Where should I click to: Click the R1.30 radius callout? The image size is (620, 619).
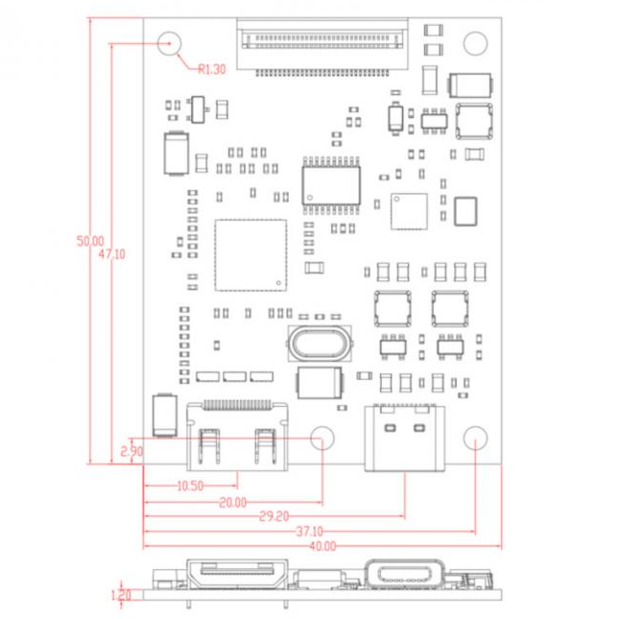point(211,69)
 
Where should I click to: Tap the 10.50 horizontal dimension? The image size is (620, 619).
point(190,486)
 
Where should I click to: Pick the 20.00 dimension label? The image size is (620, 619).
point(232,502)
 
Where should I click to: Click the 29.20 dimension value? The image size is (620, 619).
point(274,516)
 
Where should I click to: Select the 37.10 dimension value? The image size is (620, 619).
point(309,531)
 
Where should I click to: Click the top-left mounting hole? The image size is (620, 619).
point(171,43)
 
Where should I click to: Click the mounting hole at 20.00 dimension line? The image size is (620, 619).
point(322,438)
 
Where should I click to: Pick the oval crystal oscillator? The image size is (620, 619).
point(320,341)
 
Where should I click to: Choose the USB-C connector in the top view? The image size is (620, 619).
point(404,439)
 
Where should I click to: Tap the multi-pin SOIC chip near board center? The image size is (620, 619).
point(329,180)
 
